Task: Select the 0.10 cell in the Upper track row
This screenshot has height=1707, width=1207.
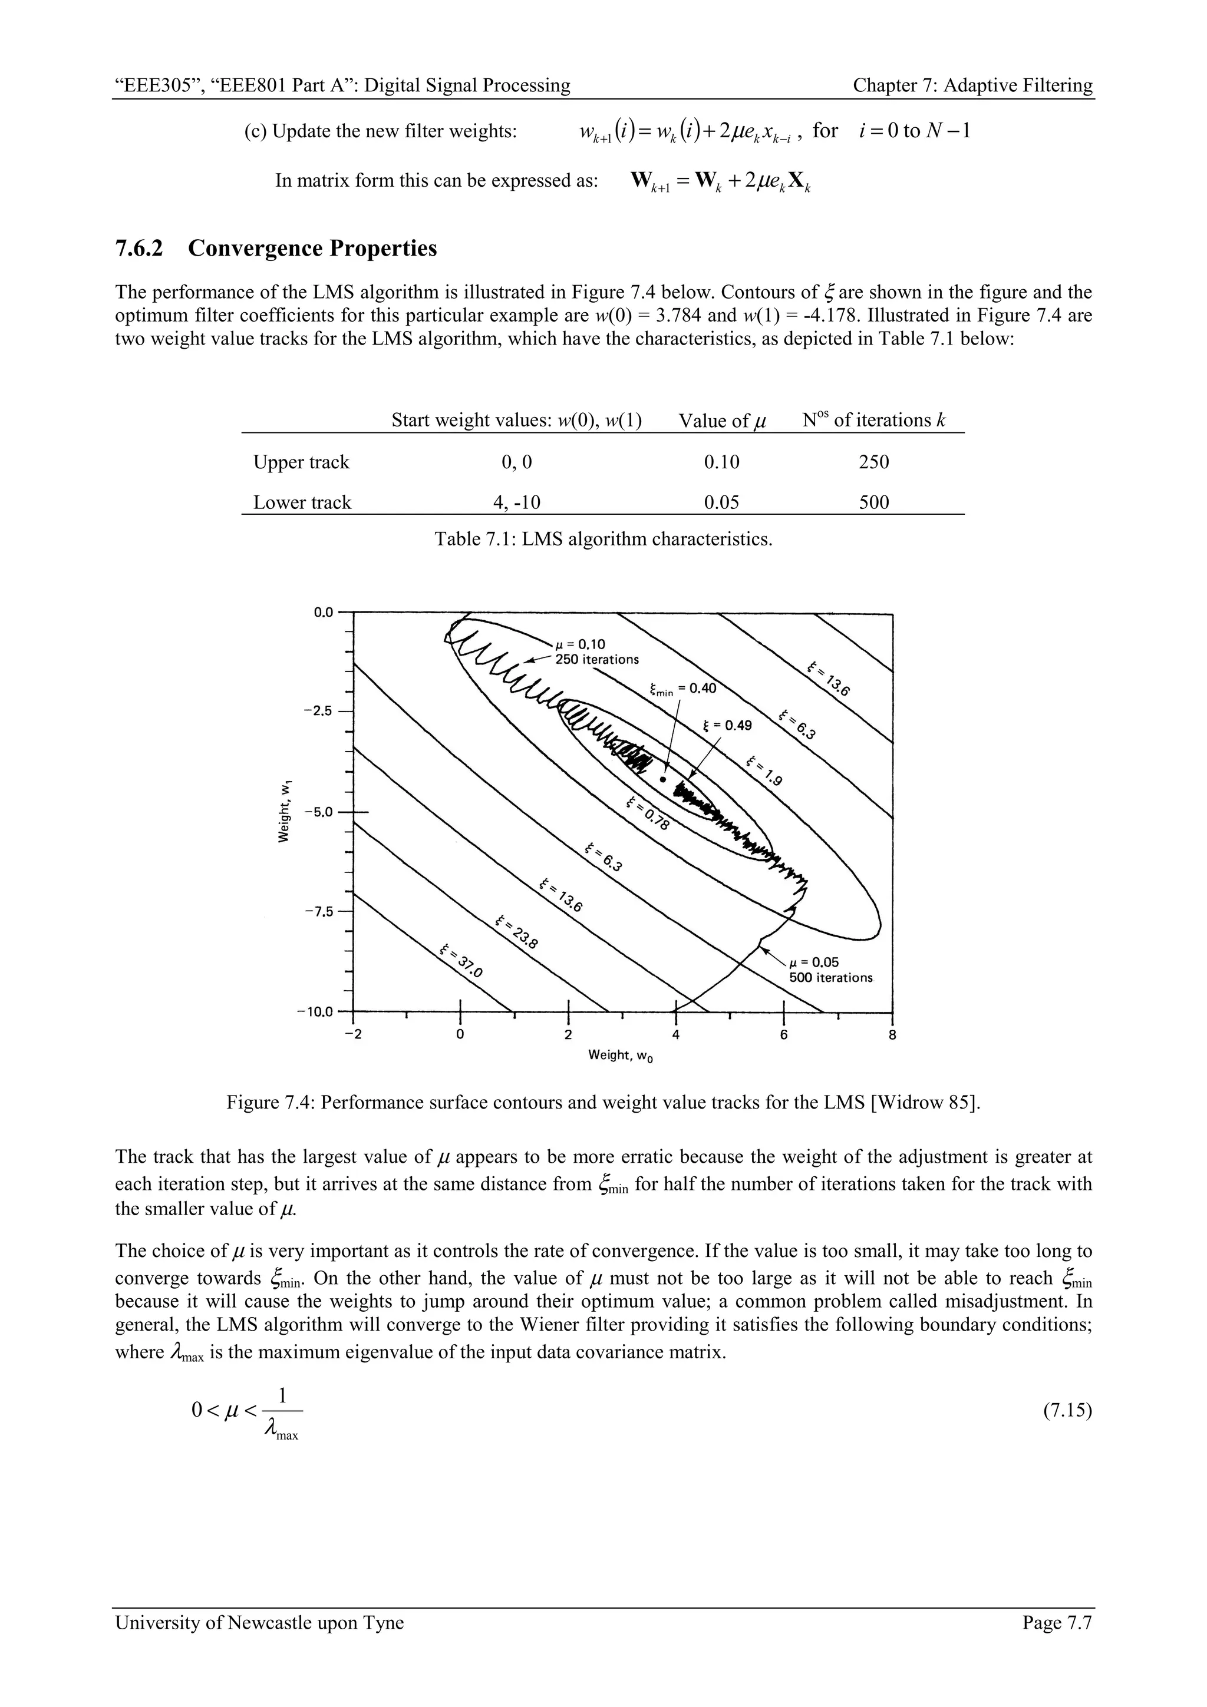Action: [721, 462]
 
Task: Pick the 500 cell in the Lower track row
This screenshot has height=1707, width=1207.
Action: [874, 502]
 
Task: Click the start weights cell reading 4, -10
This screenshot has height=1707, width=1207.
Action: [517, 502]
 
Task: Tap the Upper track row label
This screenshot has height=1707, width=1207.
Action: [301, 462]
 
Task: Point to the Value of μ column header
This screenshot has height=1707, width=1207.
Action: [722, 421]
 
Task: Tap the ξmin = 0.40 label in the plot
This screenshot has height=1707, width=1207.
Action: [682, 689]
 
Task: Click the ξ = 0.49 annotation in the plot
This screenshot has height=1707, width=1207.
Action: [727, 726]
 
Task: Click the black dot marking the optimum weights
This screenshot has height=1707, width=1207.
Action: [662, 780]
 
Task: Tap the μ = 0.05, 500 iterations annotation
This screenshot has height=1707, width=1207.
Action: [830, 970]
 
